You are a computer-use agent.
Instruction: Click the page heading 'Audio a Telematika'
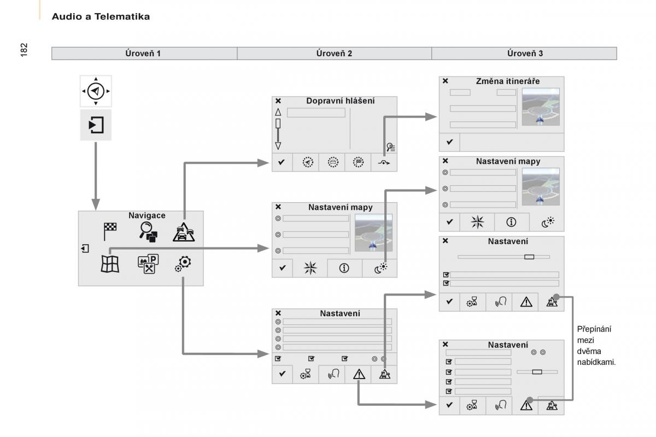click(x=101, y=17)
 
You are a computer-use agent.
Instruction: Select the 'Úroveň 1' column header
click(x=144, y=53)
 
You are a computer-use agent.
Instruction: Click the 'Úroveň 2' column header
click(x=334, y=53)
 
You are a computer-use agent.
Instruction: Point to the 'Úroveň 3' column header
click(x=525, y=53)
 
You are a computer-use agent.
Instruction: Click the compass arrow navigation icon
click(x=96, y=91)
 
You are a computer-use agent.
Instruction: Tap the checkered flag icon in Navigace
click(x=110, y=232)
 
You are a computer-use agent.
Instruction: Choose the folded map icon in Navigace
click(x=110, y=264)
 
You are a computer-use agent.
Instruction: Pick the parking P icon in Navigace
click(x=148, y=264)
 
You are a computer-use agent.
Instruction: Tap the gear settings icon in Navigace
click(x=184, y=263)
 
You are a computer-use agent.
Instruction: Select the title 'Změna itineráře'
click(x=508, y=81)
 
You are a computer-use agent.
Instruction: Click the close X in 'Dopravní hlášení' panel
click(x=278, y=101)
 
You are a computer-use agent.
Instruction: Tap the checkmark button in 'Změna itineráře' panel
click(x=449, y=142)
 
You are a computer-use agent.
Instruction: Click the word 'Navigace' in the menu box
click(x=147, y=216)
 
